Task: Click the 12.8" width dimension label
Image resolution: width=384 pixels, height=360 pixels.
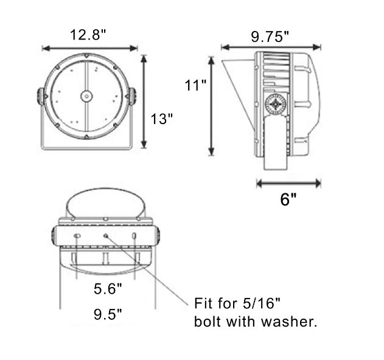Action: (88, 35)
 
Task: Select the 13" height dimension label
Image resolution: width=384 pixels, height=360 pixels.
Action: (161, 119)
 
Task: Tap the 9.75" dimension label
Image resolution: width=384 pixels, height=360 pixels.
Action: (270, 36)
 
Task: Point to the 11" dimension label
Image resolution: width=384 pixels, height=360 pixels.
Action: (195, 85)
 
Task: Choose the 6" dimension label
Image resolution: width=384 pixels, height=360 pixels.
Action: (288, 199)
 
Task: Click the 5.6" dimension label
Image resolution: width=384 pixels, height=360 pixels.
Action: (108, 288)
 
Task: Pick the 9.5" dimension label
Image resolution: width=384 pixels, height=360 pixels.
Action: (108, 314)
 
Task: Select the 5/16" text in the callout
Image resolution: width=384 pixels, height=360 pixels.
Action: (262, 303)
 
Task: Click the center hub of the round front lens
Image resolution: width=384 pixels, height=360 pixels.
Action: (86, 96)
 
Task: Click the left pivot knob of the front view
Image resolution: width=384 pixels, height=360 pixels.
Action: (41, 97)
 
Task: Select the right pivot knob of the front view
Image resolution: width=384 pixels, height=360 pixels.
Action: (131, 97)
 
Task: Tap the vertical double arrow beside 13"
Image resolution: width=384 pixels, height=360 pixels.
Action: (144, 102)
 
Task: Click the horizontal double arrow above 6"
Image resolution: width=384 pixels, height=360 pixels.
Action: (288, 183)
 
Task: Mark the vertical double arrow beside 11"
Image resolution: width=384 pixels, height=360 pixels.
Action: (211, 106)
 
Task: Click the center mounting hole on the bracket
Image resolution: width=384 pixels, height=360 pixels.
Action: (106, 236)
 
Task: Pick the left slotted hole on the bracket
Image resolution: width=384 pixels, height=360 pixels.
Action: (77, 236)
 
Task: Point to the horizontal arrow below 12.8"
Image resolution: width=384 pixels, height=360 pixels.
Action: (90, 48)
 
